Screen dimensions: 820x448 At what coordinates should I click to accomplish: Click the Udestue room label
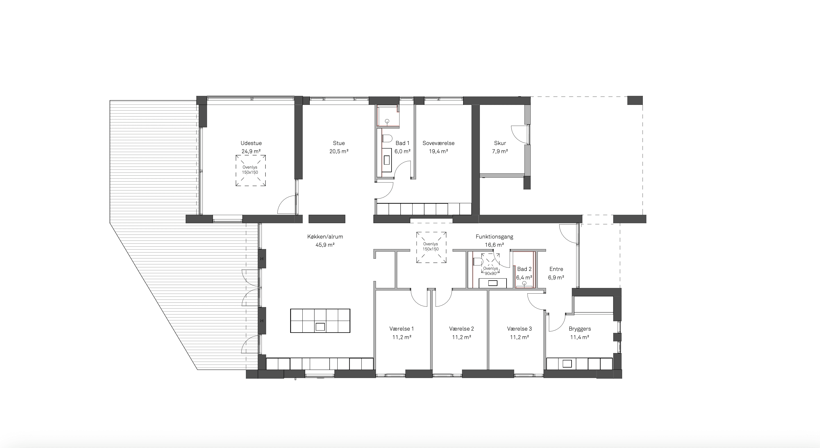click(x=251, y=143)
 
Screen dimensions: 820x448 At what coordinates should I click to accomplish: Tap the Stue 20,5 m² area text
click(x=339, y=151)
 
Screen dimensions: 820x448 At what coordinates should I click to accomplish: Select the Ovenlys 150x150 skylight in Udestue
click(x=250, y=170)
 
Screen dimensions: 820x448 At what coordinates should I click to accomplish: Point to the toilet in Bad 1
click(x=387, y=139)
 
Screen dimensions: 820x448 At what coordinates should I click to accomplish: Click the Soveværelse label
click(x=438, y=143)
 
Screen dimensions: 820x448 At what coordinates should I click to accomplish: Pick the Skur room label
click(x=500, y=143)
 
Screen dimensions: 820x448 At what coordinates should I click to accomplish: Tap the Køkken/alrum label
click(x=325, y=237)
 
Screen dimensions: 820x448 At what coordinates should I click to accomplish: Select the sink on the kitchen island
click(x=320, y=327)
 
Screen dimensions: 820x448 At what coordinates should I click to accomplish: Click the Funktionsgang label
click(x=494, y=237)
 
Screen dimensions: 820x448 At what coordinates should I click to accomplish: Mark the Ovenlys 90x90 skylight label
click(x=491, y=271)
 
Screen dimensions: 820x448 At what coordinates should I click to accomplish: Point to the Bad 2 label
click(x=524, y=269)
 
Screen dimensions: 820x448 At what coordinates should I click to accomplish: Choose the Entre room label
click(x=556, y=269)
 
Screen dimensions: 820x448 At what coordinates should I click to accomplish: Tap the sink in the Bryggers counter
click(x=567, y=363)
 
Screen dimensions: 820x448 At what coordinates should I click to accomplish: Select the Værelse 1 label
click(x=401, y=329)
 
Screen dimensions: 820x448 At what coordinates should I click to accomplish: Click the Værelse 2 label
click(x=461, y=329)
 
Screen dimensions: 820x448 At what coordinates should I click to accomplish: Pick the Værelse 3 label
click(x=519, y=329)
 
